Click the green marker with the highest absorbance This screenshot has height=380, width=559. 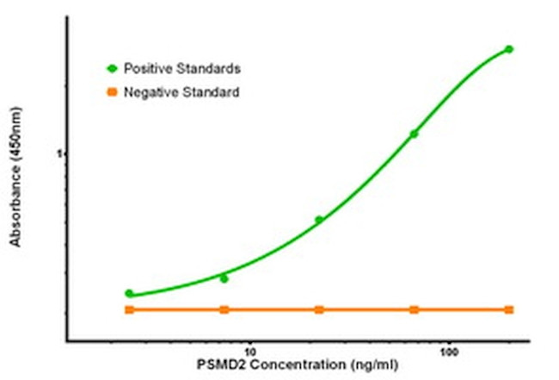(509, 49)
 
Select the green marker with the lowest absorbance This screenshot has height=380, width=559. (129, 293)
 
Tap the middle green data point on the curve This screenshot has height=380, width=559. (319, 220)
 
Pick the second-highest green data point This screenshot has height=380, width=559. (414, 134)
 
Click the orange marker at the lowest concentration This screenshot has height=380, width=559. (129, 309)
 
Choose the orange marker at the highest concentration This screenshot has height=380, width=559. (509, 309)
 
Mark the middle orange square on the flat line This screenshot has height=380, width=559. (319, 309)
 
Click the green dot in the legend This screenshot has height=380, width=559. (111, 67)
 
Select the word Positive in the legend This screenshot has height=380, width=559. (146, 67)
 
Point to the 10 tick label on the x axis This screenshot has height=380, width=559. (250, 352)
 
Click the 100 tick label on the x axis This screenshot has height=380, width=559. (447, 352)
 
